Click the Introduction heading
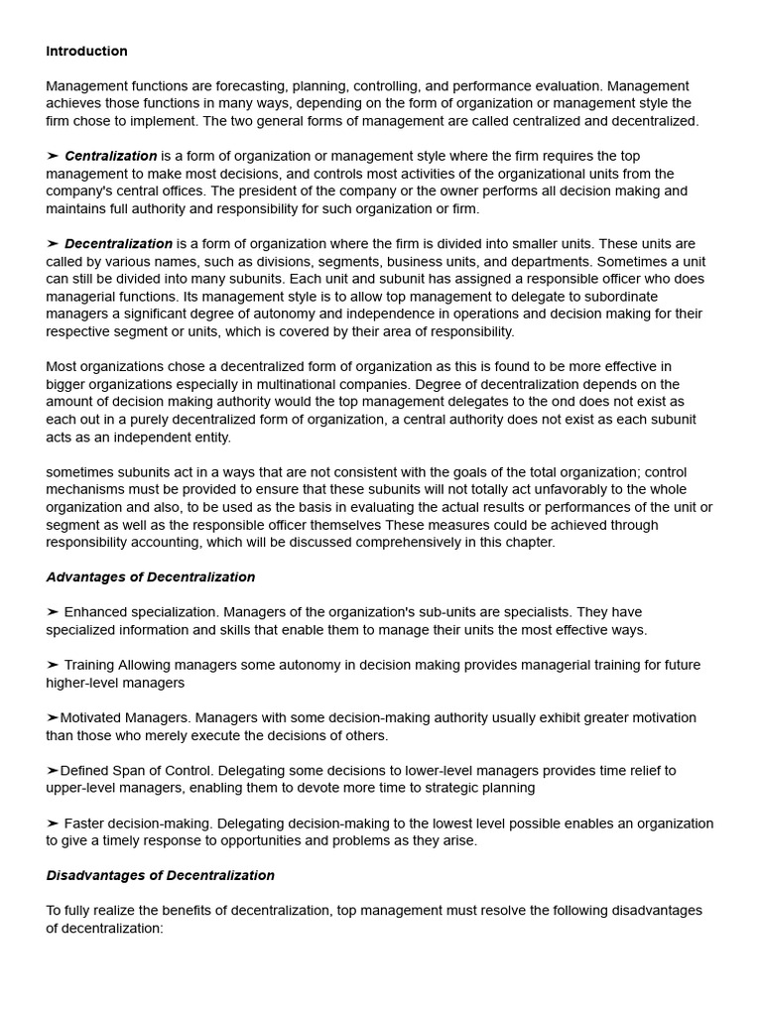pos(86,52)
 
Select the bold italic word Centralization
pos(110,156)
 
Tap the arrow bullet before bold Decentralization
pos(53,244)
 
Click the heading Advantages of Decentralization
pos(150,577)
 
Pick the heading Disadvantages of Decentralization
pos(160,876)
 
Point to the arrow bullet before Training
pos(53,666)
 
